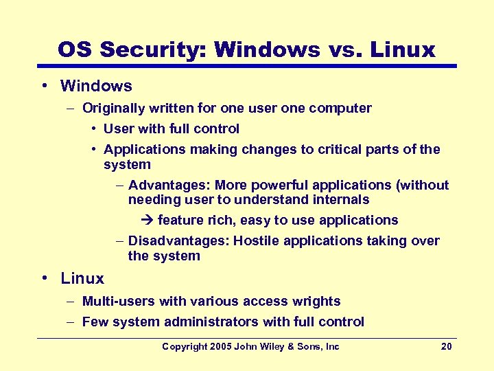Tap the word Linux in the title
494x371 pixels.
click(x=403, y=49)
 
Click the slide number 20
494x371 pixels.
click(x=446, y=346)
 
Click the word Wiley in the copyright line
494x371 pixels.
click(x=279, y=346)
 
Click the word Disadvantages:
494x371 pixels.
click(x=179, y=240)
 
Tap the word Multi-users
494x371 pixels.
click(x=117, y=301)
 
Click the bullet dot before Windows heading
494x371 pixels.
click(x=44, y=86)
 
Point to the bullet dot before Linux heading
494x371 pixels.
click(x=44, y=278)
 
